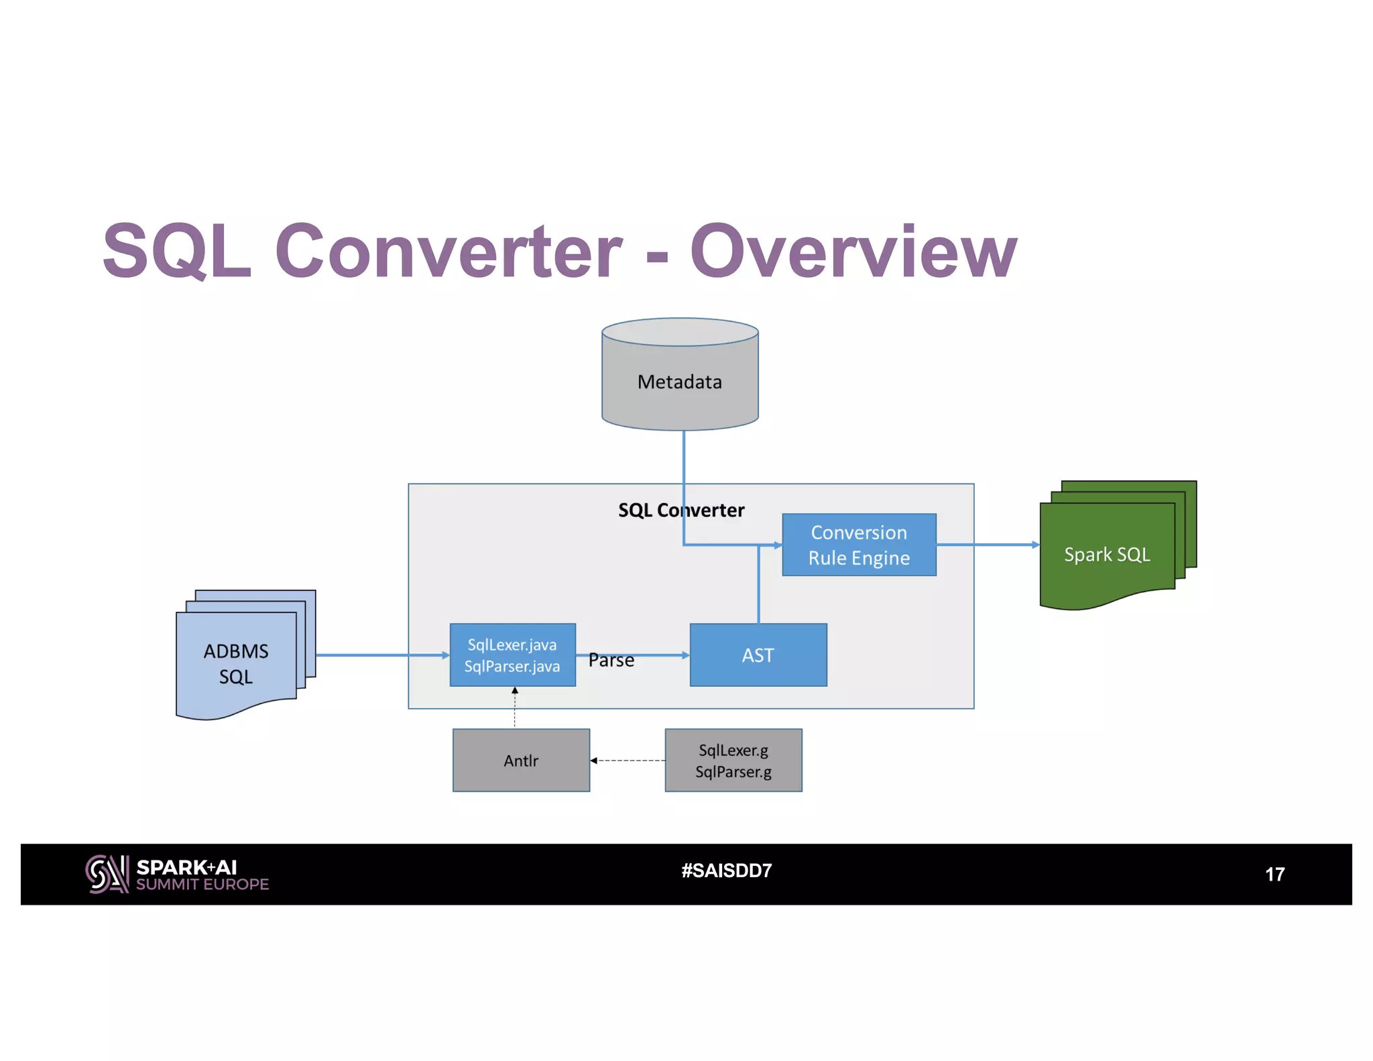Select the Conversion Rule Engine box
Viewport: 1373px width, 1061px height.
pos(859,545)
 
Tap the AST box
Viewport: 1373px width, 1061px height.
pos(758,655)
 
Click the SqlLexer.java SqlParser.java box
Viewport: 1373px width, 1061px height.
pos(512,655)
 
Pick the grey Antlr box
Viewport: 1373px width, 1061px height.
pos(521,761)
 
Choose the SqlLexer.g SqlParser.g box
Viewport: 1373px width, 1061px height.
pos(733,761)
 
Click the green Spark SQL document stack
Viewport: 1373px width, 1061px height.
pos(1108,554)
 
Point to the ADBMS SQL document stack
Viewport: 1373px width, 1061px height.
pos(236,663)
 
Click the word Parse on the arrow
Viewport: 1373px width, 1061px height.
pos(611,661)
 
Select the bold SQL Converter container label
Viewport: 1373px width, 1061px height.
pos(681,510)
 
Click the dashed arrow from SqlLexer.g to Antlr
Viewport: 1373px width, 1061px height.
pos(628,761)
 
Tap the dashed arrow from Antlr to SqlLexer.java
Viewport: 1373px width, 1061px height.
pos(515,708)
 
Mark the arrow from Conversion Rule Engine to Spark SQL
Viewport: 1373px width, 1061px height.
pos(988,545)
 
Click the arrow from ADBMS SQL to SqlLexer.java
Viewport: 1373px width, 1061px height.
pos(382,655)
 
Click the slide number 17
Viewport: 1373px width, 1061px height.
pos(1274,875)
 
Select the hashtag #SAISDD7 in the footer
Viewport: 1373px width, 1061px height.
pos(727,871)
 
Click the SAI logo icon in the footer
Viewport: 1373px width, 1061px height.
pos(107,874)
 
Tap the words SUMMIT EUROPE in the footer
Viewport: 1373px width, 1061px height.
pos(202,885)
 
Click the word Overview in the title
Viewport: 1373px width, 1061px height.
pos(853,252)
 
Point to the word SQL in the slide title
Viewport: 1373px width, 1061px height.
pos(177,252)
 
